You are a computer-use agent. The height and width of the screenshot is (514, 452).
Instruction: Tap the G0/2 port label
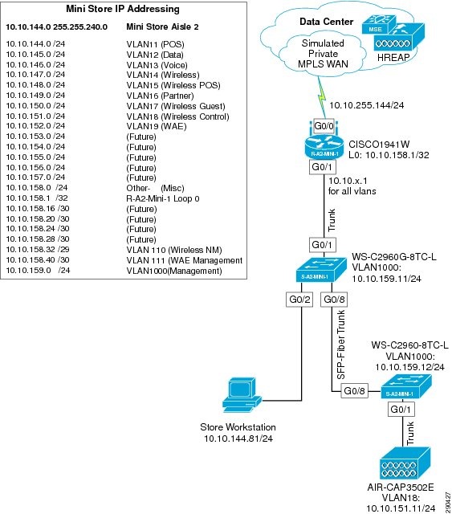pos(298,300)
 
